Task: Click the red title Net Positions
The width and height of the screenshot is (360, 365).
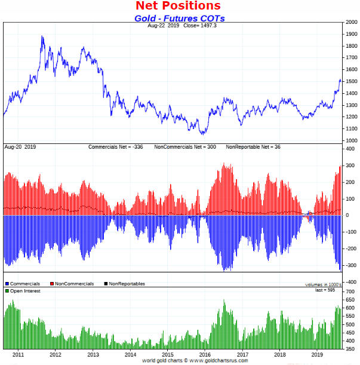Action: pos(178,6)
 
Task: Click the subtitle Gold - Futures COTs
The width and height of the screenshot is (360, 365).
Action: pos(179,19)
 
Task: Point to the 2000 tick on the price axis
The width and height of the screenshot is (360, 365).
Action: pos(350,23)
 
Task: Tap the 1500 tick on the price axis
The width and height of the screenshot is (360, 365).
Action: pos(350,82)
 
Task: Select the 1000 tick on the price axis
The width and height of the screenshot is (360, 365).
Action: pos(350,140)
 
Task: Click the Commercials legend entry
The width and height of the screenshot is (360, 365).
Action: pos(23,284)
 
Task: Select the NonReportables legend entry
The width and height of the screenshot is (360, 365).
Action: pos(125,284)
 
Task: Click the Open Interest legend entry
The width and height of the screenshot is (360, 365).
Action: pos(25,290)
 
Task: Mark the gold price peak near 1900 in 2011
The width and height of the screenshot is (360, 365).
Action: pos(42,36)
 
